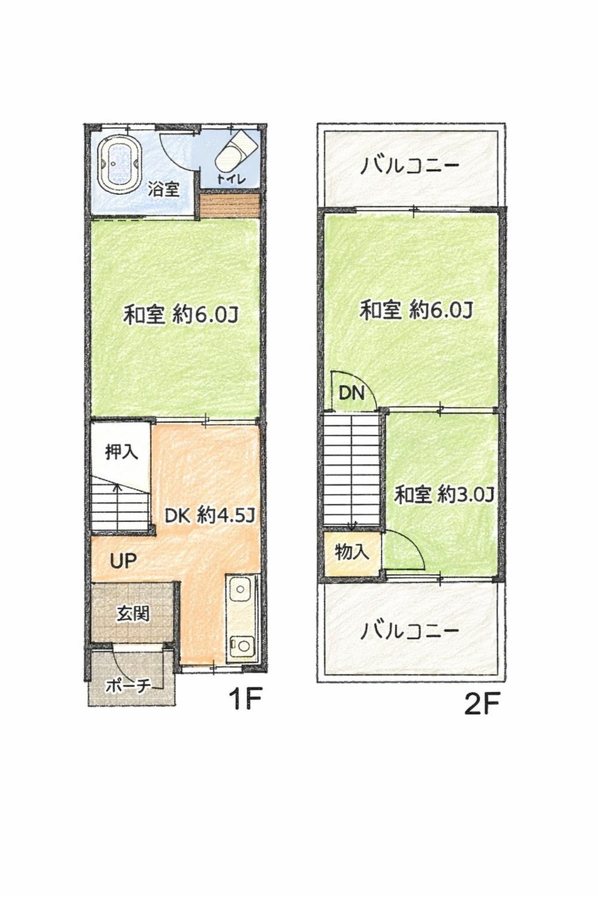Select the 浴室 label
click(164, 190)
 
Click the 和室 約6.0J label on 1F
click(181, 315)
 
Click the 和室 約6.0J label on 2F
click(416, 310)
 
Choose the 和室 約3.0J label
click(443, 495)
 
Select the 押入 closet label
click(121, 452)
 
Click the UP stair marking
click(123, 560)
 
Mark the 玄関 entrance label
click(132, 614)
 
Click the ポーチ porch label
click(128, 686)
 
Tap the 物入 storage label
click(352, 553)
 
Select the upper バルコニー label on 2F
click(410, 166)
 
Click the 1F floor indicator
click(245, 698)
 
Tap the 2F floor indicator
click(481, 704)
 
